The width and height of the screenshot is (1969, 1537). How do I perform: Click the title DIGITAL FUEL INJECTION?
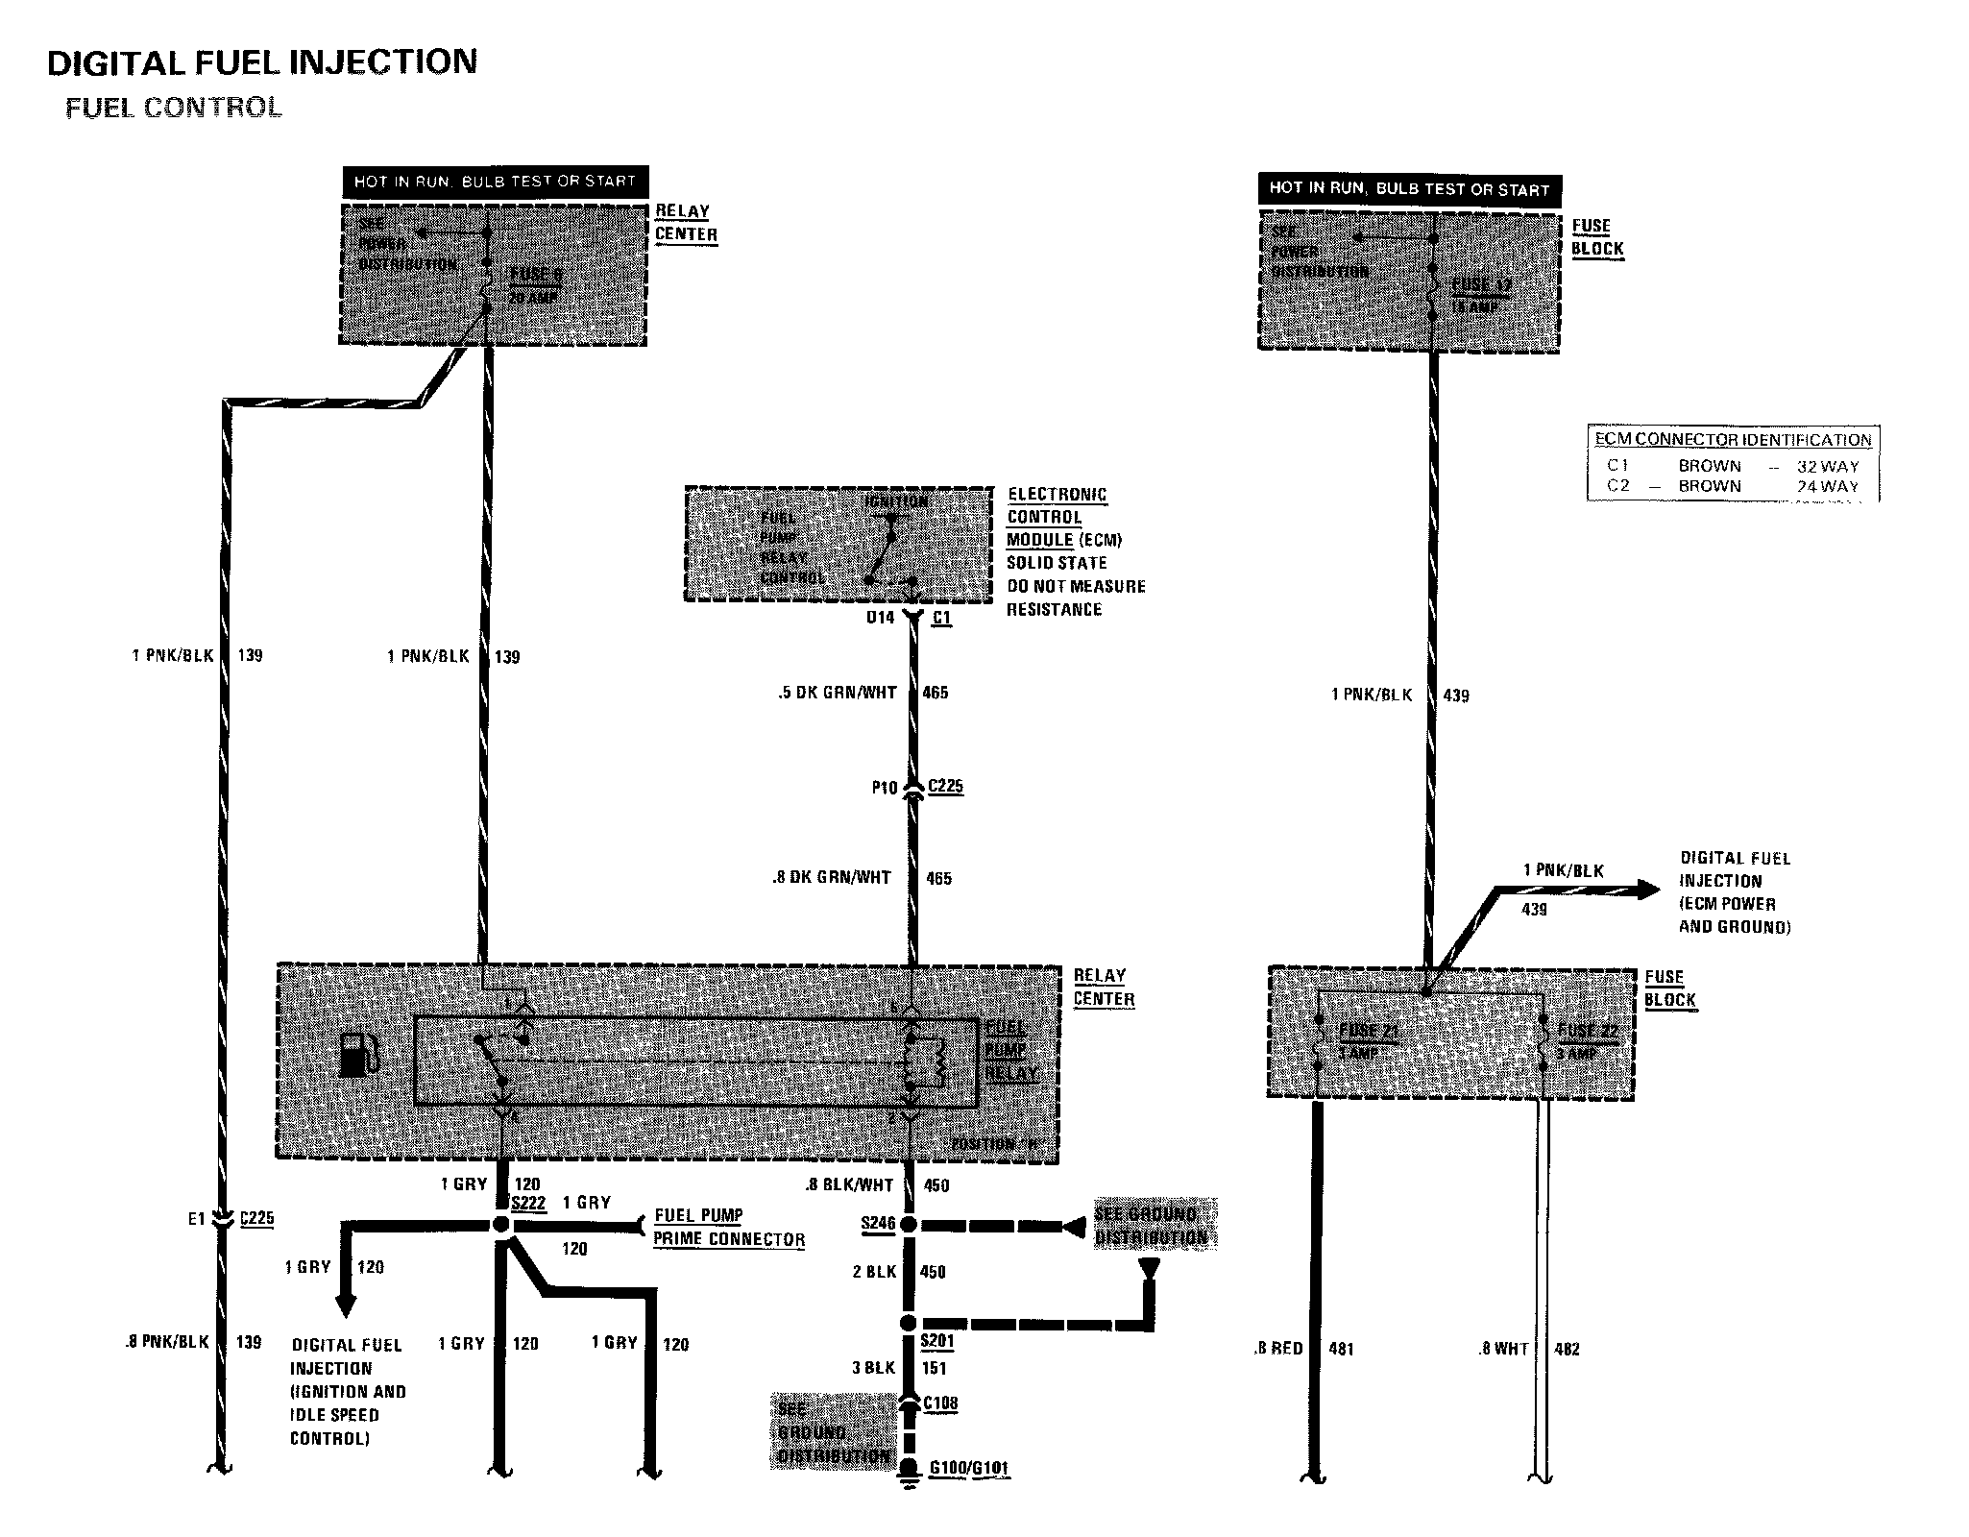pyautogui.click(x=262, y=62)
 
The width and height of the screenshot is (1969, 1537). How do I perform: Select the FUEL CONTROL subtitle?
pyautogui.click(x=174, y=108)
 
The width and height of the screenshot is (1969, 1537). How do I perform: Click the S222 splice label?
pyautogui.click(x=528, y=1204)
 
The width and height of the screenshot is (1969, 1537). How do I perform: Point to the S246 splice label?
pyautogui.click(x=878, y=1224)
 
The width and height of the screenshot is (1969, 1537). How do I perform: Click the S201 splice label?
pyautogui.click(x=936, y=1341)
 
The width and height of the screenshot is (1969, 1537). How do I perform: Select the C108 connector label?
pyautogui.click(x=940, y=1403)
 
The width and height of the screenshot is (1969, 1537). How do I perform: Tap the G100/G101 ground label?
pyautogui.click(x=968, y=1469)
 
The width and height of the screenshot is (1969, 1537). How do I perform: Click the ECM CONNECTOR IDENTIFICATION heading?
pyautogui.click(x=1733, y=440)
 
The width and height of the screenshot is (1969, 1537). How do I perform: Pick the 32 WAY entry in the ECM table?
pyautogui.click(x=1828, y=466)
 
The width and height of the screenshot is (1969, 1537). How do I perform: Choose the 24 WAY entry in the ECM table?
pyautogui.click(x=1828, y=486)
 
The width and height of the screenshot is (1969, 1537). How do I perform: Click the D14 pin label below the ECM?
pyautogui.click(x=881, y=618)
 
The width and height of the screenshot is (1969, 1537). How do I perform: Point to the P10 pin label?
pyautogui.click(x=885, y=788)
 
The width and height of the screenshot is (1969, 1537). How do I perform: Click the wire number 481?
pyautogui.click(x=1341, y=1350)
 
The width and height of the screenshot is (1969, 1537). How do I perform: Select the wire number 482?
pyautogui.click(x=1567, y=1350)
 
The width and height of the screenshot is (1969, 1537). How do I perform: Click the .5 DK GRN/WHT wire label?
pyautogui.click(x=838, y=693)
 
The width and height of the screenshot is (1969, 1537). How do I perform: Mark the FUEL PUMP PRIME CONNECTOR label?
pyautogui.click(x=728, y=1228)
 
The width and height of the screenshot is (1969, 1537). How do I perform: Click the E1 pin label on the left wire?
pyautogui.click(x=197, y=1219)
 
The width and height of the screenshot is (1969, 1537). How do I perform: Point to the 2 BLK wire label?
pyautogui.click(x=874, y=1272)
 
